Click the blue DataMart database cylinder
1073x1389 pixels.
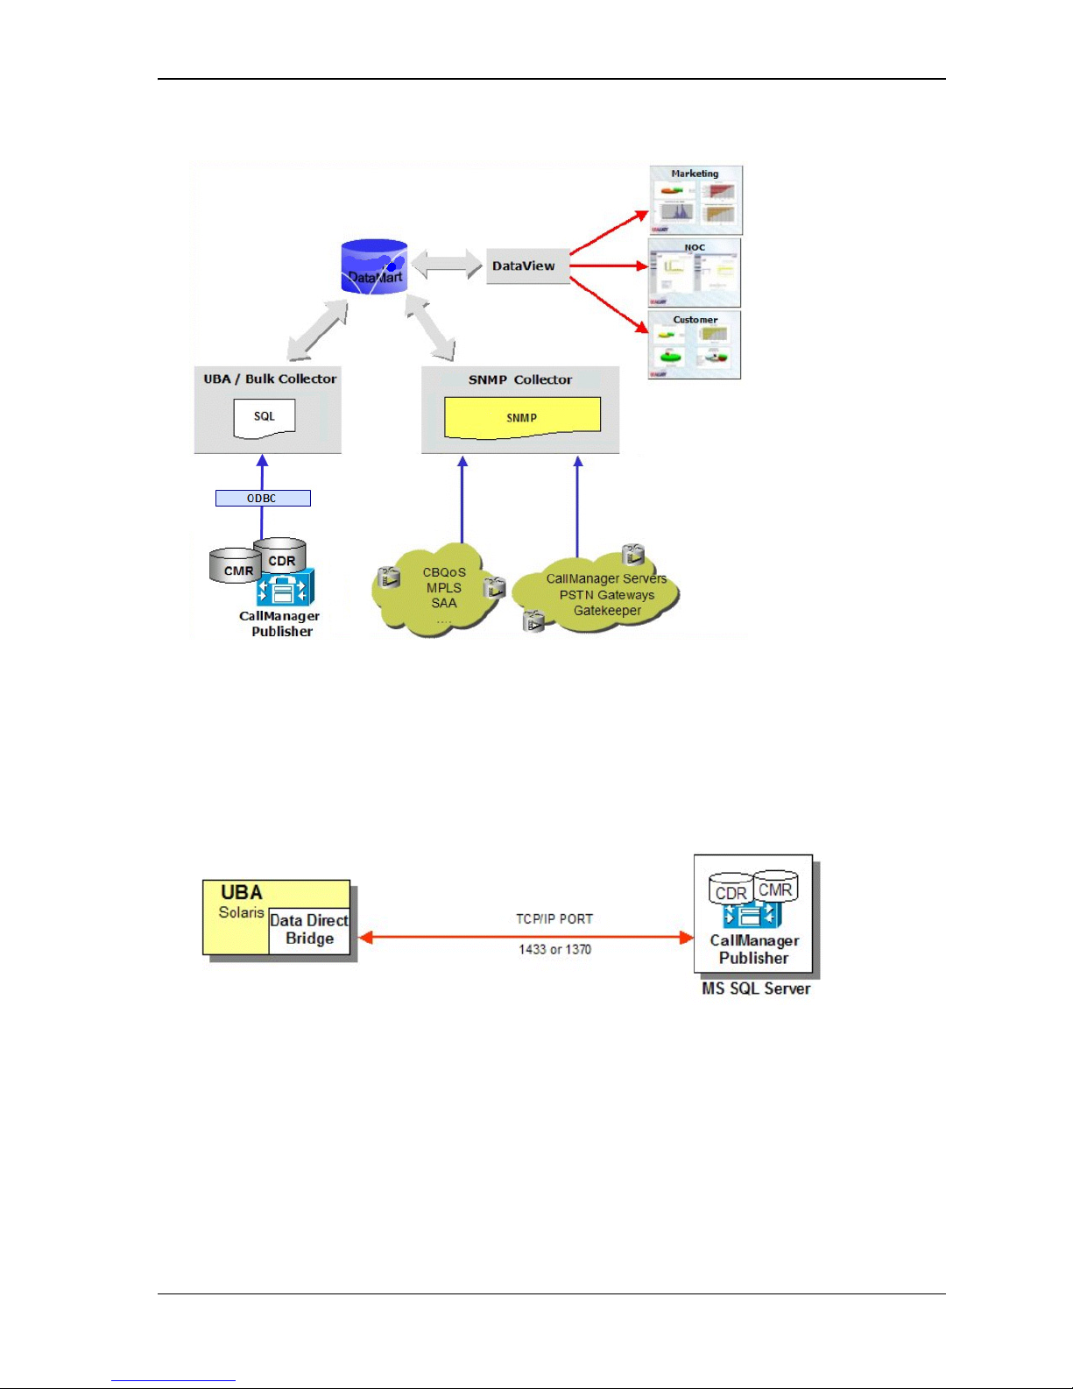point(374,266)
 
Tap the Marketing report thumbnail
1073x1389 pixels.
point(695,201)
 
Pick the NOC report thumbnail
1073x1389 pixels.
point(695,273)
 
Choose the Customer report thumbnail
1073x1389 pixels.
point(695,345)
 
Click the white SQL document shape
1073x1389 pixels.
point(264,418)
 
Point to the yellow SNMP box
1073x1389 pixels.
point(522,418)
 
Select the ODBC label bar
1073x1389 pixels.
point(263,498)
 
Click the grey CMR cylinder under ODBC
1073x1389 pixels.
point(235,567)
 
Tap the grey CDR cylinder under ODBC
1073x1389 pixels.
point(281,554)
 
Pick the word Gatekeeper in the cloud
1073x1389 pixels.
point(607,611)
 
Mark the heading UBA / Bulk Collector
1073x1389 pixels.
point(270,379)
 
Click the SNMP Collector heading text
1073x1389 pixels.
point(519,379)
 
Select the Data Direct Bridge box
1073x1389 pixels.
point(309,930)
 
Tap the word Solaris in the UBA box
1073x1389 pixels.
point(241,912)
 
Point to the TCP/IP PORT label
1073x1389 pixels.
point(554,918)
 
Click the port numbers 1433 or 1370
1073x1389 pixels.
point(554,949)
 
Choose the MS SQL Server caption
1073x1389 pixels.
point(756,989)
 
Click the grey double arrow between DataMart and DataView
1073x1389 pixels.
point(447,265)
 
